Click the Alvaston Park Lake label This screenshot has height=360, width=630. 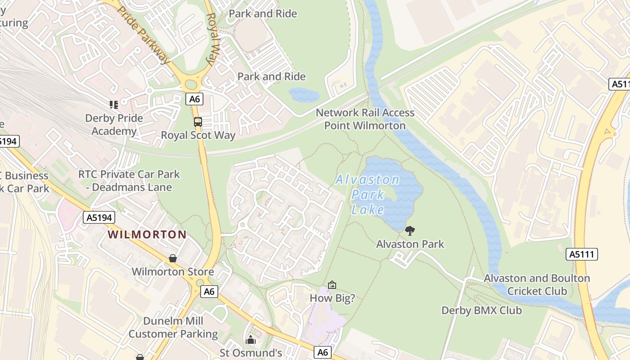368,194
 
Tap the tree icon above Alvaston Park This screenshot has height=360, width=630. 409,231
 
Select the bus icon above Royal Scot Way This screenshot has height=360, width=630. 198,122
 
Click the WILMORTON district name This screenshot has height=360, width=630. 147,234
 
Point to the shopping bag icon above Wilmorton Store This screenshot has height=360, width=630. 173,258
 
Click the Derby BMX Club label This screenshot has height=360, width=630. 481,310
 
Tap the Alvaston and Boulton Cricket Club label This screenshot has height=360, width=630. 537,284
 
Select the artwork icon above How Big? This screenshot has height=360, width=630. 332,285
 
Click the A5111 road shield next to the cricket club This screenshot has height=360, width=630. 581,254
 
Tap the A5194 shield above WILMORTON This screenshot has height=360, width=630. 99,218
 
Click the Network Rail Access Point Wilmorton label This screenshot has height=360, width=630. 365,119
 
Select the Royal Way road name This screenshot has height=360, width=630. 212,39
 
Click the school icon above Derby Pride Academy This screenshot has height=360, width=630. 114,105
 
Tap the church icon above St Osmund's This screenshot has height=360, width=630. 251,340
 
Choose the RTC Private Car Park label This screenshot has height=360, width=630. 129,180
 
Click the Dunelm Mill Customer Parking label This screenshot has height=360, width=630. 173,328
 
